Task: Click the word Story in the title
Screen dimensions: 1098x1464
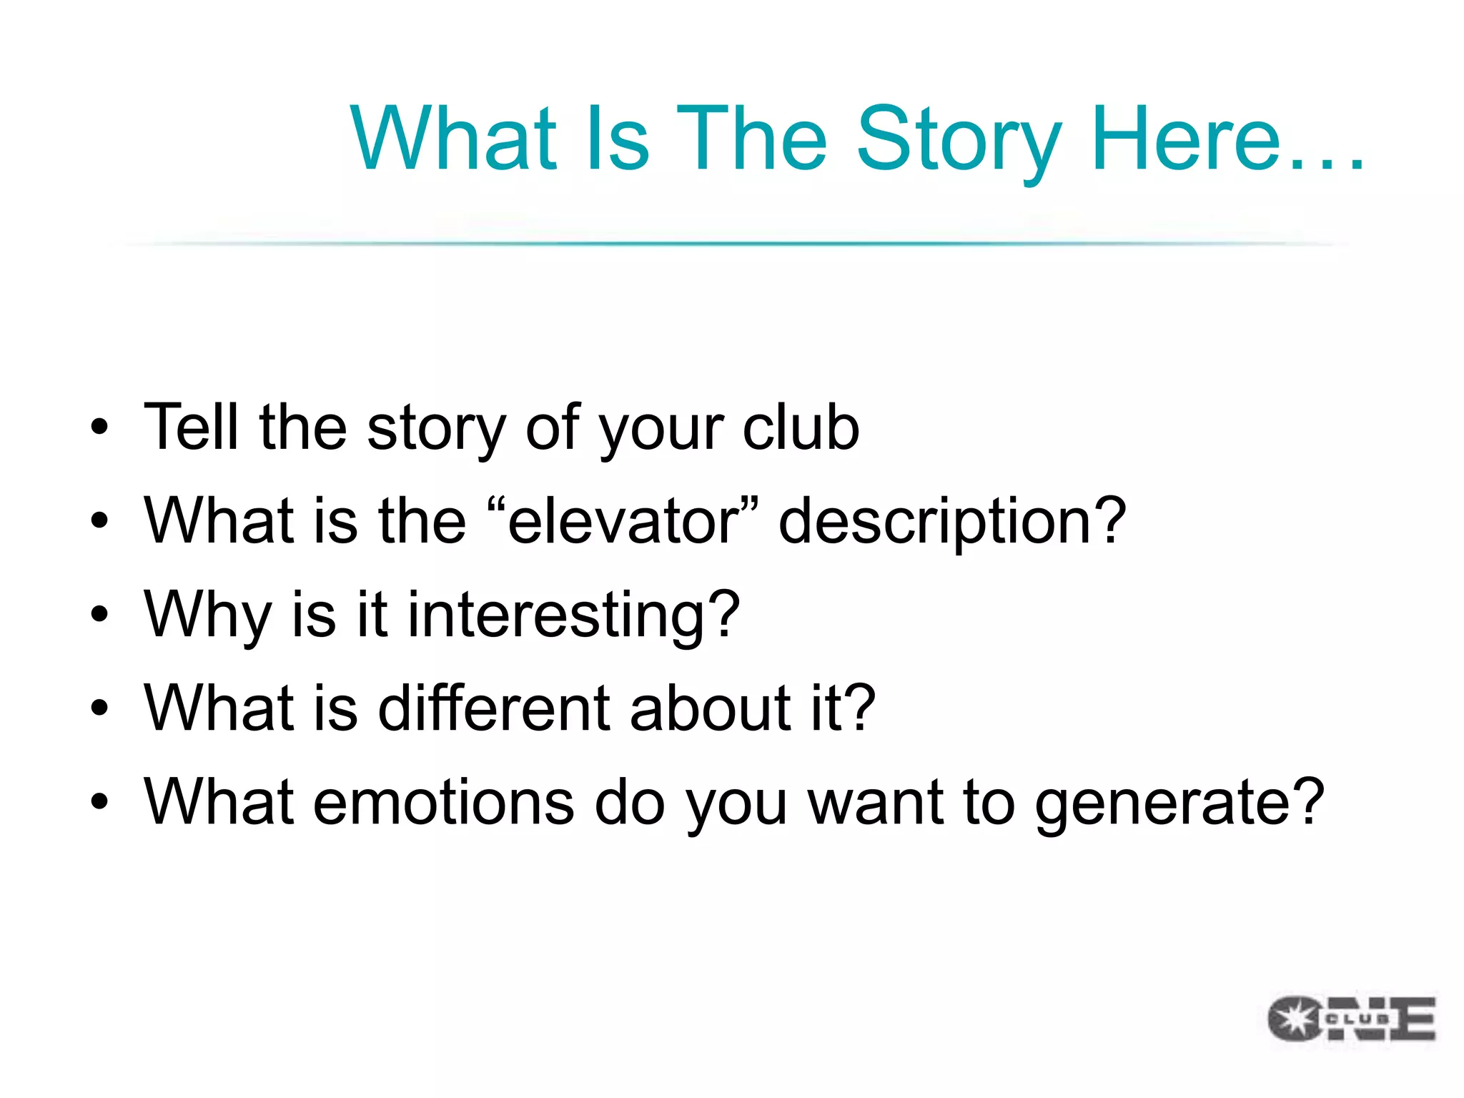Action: (x=958, y=139)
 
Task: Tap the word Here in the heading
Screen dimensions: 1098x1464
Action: (x=1187, y=139)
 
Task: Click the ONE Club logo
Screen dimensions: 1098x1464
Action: (x=1351, y=1018)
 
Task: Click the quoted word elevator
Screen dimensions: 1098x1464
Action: (x=622, y=522)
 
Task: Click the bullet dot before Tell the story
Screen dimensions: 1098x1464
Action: (x=99, y=427)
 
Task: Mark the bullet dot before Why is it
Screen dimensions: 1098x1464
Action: (x=99, y=614)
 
